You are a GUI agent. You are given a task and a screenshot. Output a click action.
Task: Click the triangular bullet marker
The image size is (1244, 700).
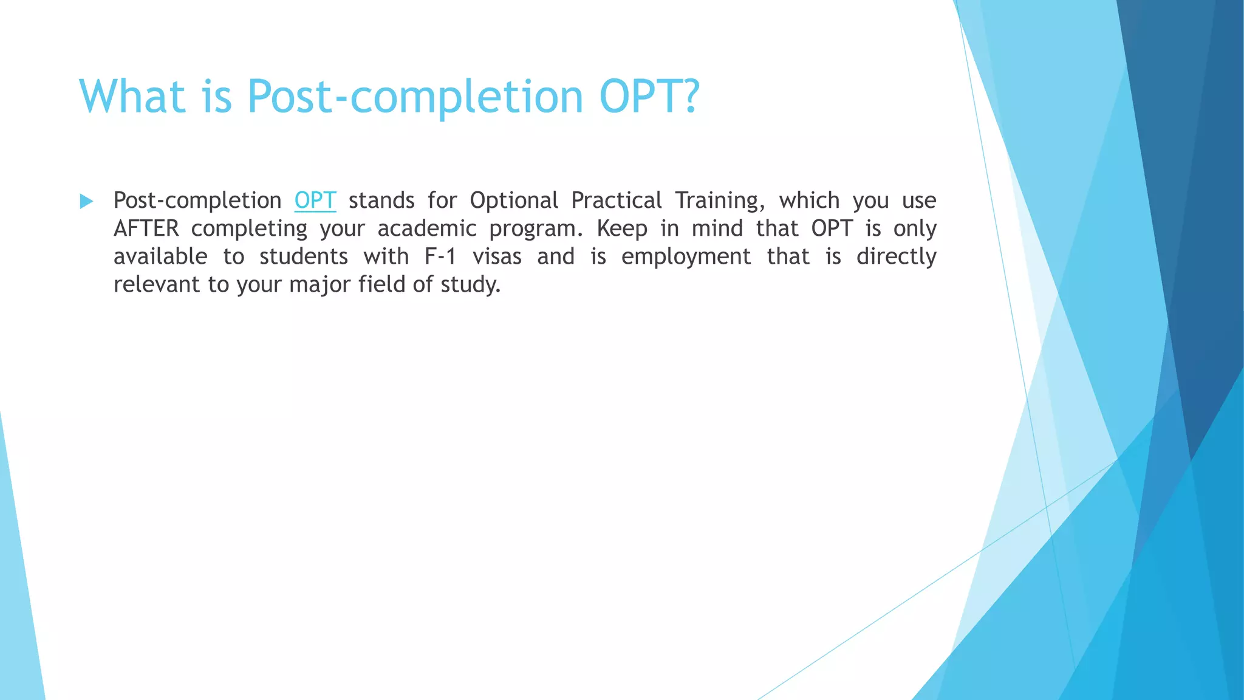pos(86,201)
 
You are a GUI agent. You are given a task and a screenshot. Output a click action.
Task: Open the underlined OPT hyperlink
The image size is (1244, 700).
pos(315,201)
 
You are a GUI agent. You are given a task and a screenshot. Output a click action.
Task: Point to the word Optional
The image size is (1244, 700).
pos(513,201)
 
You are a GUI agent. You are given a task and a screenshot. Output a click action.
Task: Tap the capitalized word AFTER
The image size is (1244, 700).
pos(146,228)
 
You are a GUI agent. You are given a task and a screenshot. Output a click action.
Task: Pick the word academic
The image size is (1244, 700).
pos(426,228)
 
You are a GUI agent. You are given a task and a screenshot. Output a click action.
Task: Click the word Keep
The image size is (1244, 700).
pos(621,228)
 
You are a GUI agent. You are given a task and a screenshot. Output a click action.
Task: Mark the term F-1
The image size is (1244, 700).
pos(440,256)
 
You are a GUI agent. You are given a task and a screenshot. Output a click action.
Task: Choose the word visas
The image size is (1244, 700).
pos(497,256)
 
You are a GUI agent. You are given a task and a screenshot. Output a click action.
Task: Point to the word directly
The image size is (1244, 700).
pos(896,257)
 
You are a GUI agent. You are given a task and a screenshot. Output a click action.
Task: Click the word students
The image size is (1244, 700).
pos(303,256)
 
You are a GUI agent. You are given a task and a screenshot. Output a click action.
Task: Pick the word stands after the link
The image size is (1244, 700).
pos(381,201)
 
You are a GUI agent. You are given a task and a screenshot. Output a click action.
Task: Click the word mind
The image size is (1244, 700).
pos(717,228)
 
